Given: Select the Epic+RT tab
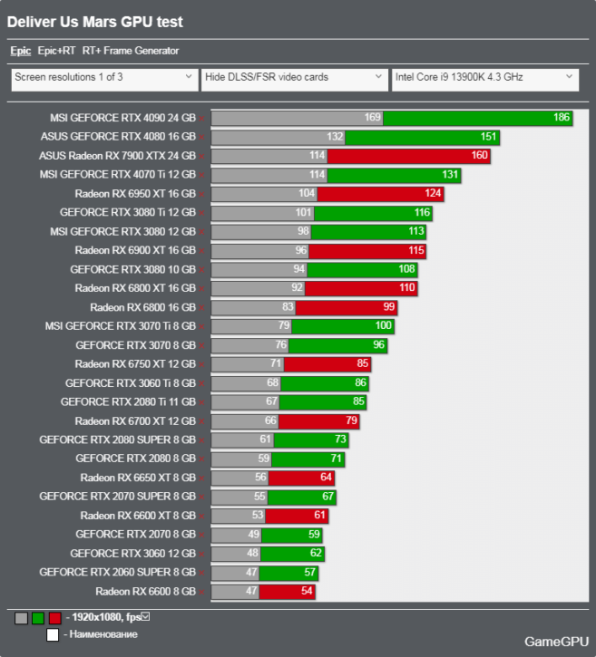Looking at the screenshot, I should coord(55,52).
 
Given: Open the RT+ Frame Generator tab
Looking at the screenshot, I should coord(131,52).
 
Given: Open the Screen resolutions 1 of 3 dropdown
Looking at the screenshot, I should coord(103,78).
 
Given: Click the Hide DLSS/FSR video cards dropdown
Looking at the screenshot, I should coord(295,78).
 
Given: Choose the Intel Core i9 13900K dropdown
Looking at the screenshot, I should coord(484,78).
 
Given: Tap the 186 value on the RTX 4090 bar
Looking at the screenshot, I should coord(561,118).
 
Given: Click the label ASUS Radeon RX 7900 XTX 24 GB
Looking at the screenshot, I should coord(118,156).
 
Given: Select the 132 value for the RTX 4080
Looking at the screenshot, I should coord(335,137).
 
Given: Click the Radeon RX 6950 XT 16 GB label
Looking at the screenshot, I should coord(135,194).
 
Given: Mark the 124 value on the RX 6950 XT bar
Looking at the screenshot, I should coord(432,194).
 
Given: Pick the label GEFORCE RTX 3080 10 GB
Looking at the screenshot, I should coord(132,269).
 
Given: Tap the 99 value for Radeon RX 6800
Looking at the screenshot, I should coord(388,307).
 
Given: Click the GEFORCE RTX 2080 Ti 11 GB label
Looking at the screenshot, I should coord(128,401).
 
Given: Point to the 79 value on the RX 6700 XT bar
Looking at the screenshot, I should coord(351,420).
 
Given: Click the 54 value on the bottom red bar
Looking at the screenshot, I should coord(307,591).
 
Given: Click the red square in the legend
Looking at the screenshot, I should coord(54,618).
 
